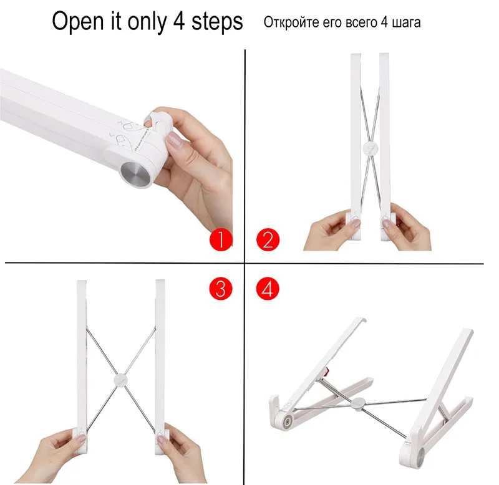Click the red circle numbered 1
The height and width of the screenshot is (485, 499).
pos(221,240)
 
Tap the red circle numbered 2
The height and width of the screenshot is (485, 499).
pos(268,240)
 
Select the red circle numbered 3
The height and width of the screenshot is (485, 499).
pos(221,289)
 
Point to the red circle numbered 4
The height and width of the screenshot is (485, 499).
pos(268,289)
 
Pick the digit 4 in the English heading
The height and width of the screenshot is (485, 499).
pos(179,21)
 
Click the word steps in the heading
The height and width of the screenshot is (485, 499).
pos(217,22)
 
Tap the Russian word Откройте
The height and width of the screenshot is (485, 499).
pos(291,22)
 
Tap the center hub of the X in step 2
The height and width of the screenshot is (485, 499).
pos(371,148)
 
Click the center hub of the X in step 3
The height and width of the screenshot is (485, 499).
pos(121,380)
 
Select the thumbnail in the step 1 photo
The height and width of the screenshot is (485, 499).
pos(175,141)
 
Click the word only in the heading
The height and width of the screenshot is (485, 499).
pos(147,22)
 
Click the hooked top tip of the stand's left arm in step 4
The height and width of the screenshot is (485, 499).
pos(362,319)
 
